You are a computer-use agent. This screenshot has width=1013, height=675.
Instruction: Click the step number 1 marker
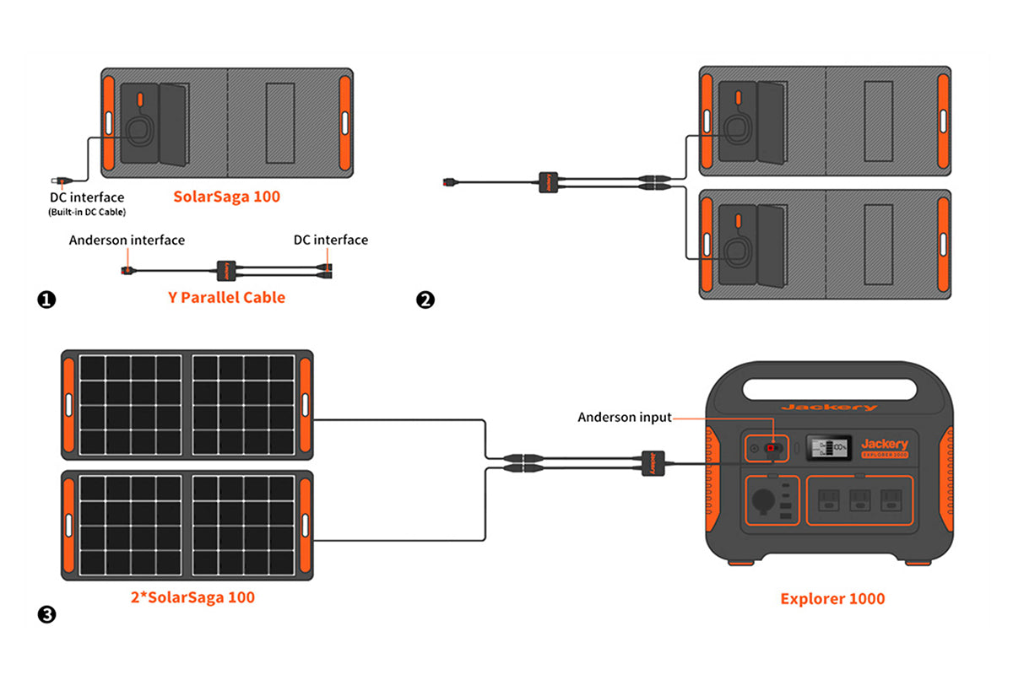(47, 299)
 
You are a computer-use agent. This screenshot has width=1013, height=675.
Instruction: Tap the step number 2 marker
(425, 299)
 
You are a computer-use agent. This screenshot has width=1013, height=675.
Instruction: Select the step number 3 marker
(47, 614)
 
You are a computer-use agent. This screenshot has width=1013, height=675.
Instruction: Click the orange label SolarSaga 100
(226, 197)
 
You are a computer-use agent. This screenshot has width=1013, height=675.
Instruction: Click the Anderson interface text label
(127, 240)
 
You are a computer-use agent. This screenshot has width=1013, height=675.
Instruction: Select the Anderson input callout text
(625, 417)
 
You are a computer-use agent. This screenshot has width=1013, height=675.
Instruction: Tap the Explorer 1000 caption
(832, 599)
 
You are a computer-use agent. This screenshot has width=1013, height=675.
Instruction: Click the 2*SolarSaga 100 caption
(192, 597)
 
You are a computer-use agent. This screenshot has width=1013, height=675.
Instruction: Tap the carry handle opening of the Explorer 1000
(829, 390)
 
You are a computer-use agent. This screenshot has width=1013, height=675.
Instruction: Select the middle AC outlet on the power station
(859, 499)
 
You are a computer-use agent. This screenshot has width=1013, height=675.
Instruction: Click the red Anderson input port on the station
(772, 447)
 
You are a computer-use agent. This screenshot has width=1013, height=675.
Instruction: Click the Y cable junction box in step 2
(548, 181)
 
